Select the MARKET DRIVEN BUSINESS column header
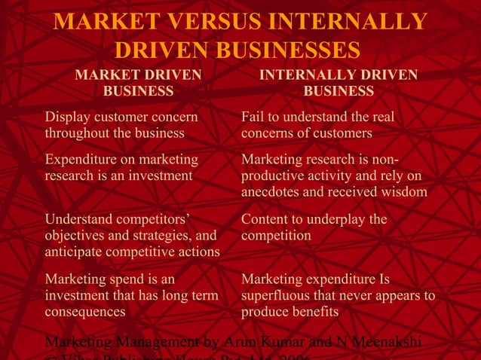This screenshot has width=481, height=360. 138,83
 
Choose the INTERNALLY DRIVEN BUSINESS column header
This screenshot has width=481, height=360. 339,83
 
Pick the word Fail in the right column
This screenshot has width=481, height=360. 253,117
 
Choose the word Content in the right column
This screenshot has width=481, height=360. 265,219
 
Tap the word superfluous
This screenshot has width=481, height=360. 277,295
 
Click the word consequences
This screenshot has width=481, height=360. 85,311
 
